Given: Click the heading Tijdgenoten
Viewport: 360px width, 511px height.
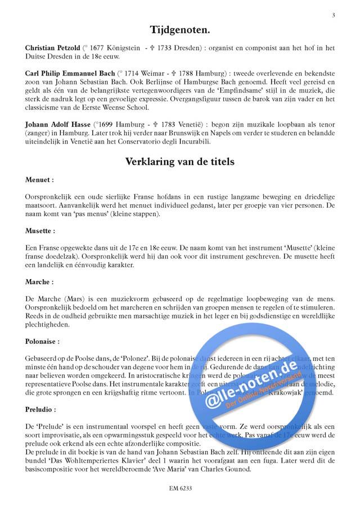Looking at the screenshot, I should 179,30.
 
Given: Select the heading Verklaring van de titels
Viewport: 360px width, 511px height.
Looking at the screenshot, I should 179,162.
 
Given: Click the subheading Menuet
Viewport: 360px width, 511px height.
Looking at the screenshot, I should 39,181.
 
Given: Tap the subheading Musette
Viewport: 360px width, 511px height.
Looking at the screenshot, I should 40,231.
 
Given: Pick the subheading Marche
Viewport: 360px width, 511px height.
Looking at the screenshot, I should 39,281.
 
